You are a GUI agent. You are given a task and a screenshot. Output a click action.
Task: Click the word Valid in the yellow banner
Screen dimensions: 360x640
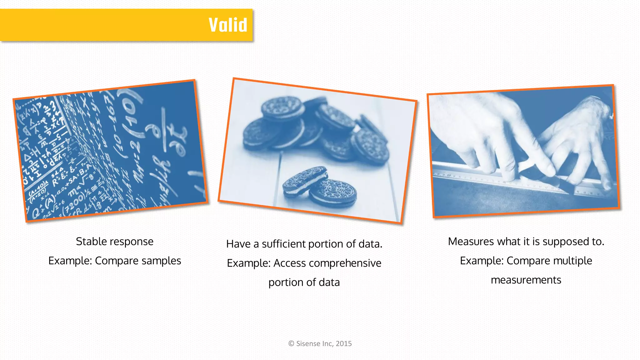click(228, 25)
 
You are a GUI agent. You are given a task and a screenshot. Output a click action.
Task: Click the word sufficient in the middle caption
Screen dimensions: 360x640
click(283, 244)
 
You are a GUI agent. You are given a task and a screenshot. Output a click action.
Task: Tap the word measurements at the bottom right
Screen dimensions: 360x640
click(526, 280)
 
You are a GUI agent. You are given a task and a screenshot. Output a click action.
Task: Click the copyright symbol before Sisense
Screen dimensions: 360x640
click(291, 344)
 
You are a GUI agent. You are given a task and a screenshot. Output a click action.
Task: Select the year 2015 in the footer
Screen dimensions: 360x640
click(344, 344)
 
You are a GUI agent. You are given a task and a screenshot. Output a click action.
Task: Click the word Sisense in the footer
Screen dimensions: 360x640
click(308, 344)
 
